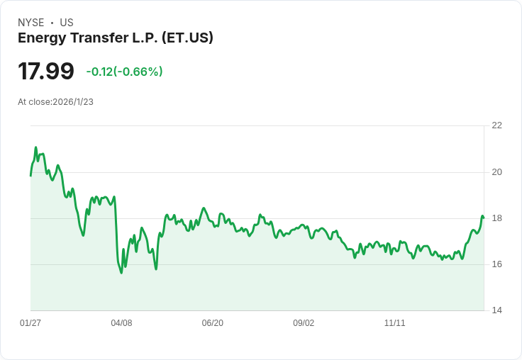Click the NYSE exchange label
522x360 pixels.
tap(30, 23)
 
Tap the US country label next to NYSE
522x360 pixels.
tap(67, 23)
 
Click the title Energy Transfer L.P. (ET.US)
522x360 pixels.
tap(116, 38)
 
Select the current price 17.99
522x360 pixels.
tap(46, 72)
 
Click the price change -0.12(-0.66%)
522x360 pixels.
tap(125, 72)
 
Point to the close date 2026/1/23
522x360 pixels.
tap(73, 102)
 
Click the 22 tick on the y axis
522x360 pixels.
tap(496, 125)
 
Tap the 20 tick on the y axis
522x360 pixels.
tap(496, 172)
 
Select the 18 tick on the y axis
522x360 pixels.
tap(496, 218)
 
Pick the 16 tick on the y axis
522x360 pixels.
tap(496, 264)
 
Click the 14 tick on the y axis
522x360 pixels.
tap(496, 310)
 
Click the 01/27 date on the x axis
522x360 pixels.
tap(30, 323)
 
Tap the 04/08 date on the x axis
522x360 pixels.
tap(121, 323)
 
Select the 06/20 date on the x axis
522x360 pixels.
tap(213, 323)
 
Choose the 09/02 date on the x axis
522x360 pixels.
tap(304, 323)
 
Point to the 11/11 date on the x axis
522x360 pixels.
tap(394, 323)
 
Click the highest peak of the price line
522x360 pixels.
tap(35, 147)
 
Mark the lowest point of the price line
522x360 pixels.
tap(121, 273)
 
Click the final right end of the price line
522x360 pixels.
tap(484, 217)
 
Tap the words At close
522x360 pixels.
tap(34, 102)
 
